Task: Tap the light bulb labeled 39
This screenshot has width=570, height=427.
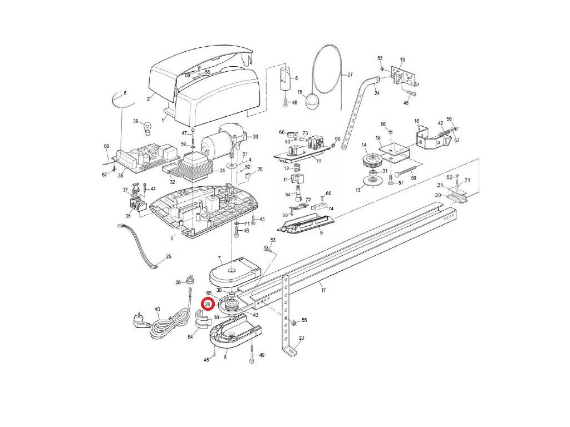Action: point(148,127)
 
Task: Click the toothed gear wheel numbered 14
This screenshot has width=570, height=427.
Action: point(370,163)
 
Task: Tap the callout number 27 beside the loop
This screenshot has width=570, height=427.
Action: point(350,74)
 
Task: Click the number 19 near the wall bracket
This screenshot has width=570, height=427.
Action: point(402,59)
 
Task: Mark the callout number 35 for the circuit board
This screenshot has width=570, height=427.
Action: point(121,176)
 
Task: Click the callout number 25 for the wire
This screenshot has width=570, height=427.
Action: point(168,257)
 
